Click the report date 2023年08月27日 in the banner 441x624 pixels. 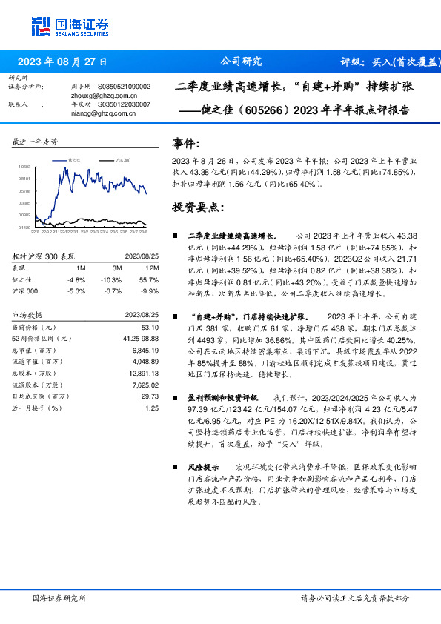coord(62,62)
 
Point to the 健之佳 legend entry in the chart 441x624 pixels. coord(73,160)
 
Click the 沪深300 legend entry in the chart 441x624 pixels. coord(121,160)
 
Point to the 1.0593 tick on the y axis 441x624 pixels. coord(24,167)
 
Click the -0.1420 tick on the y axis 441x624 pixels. coord(24,228)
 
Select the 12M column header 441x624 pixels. coord(153,268)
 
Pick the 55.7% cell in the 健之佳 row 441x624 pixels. coord(150,279)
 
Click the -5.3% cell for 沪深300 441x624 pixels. coord(76,291)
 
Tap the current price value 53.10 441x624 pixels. coord(150,327)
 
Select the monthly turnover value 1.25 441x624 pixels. coord(152,408)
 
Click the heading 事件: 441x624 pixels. coord(185,144)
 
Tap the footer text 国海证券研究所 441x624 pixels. coord(59,597)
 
